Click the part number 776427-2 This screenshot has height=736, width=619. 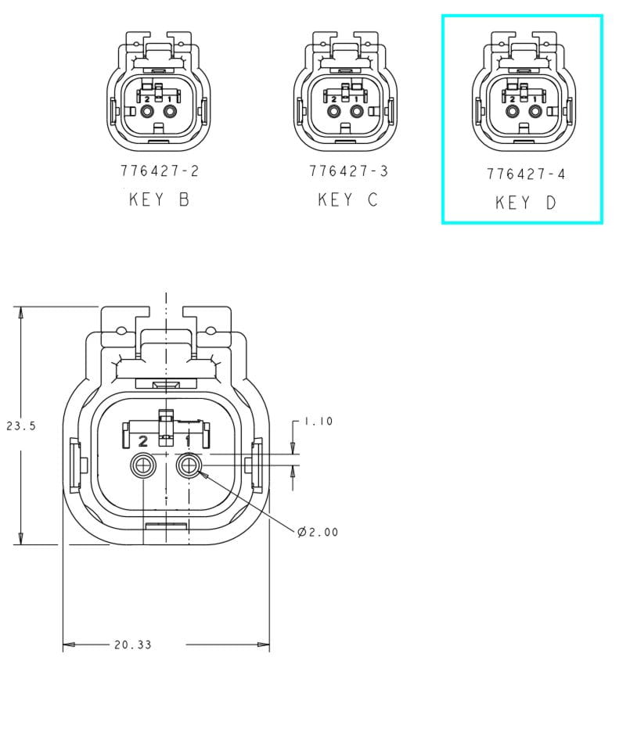click(x=160, y=171)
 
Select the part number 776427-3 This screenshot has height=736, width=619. click(x=348, y=171)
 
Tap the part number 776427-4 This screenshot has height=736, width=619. click(x=526, y=174)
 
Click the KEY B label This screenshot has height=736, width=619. click(x=159, y=199)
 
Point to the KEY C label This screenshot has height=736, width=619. click(x=348, y=200)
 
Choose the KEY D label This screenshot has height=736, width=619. click(x=526, y=203)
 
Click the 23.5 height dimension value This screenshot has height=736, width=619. click(x=21, y=426)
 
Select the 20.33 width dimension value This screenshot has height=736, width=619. click(x=133, y=645)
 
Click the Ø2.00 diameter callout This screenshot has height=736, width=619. click(x=318, y=533)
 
